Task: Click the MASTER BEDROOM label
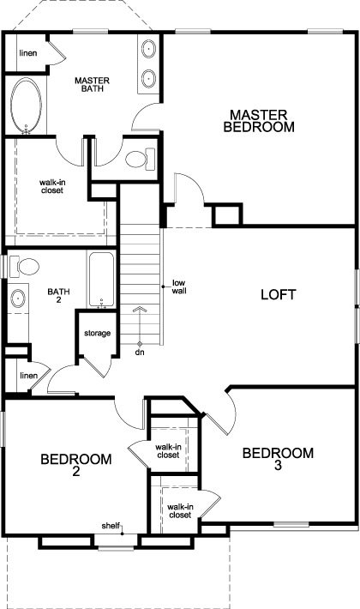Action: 259,121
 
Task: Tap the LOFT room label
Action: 279,294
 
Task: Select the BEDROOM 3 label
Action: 278,459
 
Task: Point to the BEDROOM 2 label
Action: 76,465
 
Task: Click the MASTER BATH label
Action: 92,84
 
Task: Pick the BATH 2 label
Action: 58,295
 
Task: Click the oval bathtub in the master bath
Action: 26,106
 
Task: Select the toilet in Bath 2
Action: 24,267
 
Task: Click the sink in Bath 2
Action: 18,298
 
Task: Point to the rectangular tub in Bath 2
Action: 102,280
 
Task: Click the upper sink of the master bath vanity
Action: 148,50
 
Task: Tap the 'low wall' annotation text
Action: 179,286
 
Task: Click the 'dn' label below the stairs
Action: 140,353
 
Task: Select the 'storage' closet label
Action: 98,334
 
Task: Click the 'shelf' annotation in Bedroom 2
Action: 111,526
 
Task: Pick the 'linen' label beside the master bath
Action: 28,53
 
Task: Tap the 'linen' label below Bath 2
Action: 28,376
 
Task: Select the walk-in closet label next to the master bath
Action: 51,186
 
